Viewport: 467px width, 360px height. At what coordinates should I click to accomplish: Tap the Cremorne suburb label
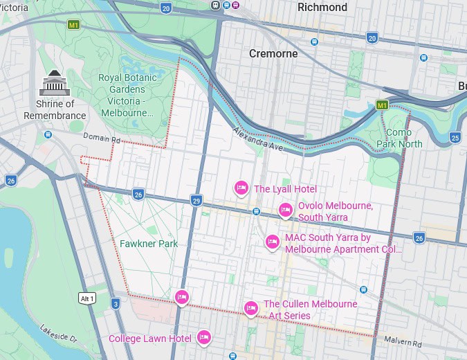coord(273,54)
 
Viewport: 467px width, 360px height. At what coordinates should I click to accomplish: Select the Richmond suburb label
coord(322,8)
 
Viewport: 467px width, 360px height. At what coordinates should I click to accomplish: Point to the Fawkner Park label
coord(149,244)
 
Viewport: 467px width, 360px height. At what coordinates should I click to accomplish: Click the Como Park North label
coord(399,138)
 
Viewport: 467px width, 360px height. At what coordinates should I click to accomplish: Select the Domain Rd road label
coord(102,138)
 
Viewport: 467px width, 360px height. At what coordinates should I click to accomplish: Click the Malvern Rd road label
coord(403,343)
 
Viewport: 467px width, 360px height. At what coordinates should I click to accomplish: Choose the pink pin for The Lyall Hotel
coord(241,188)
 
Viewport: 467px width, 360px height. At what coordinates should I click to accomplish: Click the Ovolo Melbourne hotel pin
coord(285,210)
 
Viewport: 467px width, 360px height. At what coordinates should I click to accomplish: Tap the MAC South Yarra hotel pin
coord(273,242)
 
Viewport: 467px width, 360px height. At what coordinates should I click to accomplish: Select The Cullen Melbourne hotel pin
coord(251,308)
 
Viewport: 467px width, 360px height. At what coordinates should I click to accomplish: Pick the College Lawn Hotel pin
coord(203,337)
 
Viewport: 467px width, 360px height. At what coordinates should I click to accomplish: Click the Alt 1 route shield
coord(86,298)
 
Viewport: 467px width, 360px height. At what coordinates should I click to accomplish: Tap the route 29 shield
coord(196,200)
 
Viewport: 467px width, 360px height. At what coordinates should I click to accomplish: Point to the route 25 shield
coord(455,138)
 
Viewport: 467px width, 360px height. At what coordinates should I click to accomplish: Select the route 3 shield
coord(116,303)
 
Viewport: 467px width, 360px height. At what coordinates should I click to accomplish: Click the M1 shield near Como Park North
coord(381,105)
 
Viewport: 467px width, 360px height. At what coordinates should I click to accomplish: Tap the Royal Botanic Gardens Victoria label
coord(127,95)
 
